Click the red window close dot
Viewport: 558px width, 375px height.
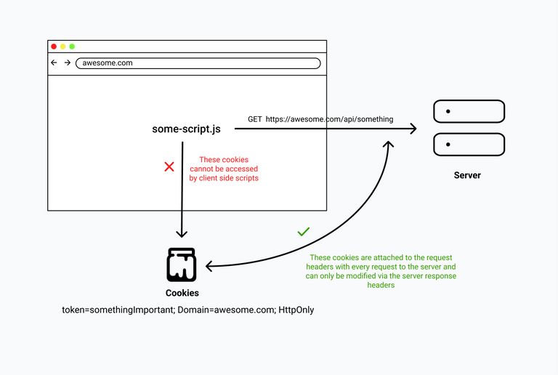[54, 47]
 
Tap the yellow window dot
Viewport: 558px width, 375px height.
[63, 47]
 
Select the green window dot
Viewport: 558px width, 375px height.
[72, 47]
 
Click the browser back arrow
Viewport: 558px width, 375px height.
[54, 63]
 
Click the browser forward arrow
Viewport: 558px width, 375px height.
[68, 63]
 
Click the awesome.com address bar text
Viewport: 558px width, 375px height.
[108, 63]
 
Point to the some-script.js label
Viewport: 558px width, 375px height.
[186, 129]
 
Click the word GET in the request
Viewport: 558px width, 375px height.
[255, 119]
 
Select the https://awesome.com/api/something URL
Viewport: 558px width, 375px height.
[329, 119]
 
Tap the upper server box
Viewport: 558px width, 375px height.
[469, 111]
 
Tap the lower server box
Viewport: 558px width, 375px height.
[469, 144]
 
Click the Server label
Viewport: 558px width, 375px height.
[467, 175]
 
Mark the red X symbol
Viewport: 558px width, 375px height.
[169, 166]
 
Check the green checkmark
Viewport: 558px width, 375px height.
[304, 232]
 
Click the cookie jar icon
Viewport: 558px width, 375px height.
[182, 265]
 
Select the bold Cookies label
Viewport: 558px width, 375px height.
[182, 293]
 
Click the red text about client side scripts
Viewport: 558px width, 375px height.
[224, 169]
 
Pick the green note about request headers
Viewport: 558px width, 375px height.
[382, 272]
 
